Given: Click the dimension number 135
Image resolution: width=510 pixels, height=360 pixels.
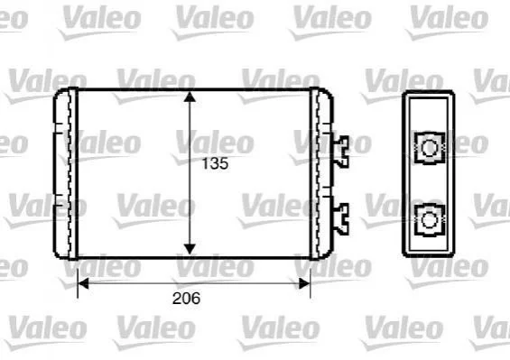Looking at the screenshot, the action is click(215, 163).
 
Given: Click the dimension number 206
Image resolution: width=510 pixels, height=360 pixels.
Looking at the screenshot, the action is click(186, 299).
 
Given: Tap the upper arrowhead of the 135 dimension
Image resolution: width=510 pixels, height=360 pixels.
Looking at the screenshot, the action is click(190, 97).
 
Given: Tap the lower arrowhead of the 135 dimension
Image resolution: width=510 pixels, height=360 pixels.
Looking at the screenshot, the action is click(190, 249).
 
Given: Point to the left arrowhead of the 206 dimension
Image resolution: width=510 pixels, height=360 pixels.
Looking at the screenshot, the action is click(84, 283).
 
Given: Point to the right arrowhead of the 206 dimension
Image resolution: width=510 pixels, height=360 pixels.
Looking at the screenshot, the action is click(304, 283).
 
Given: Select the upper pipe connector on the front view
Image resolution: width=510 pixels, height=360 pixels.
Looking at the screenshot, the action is click(341, 152).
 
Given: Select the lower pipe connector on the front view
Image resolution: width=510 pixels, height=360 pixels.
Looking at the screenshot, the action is click(341, 219).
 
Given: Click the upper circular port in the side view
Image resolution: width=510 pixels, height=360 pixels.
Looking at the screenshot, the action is click(430, 148).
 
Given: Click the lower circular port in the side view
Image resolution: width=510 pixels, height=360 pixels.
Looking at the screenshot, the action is click(430, 220).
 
